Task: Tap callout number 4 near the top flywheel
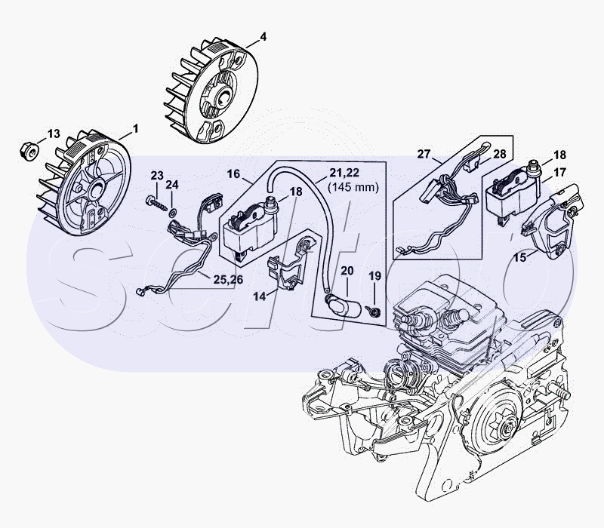263,36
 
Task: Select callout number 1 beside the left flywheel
135,129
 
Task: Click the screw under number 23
156,204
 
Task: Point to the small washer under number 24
173,211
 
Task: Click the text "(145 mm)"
353,187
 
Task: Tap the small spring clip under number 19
373,310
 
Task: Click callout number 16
234,173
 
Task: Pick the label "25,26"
229,280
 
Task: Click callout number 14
260,296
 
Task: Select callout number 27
424,154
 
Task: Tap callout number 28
500,154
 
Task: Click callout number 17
559,173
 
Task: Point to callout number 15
520,257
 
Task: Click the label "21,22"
344,173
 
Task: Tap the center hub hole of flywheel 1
95,190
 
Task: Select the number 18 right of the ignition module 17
559,155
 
